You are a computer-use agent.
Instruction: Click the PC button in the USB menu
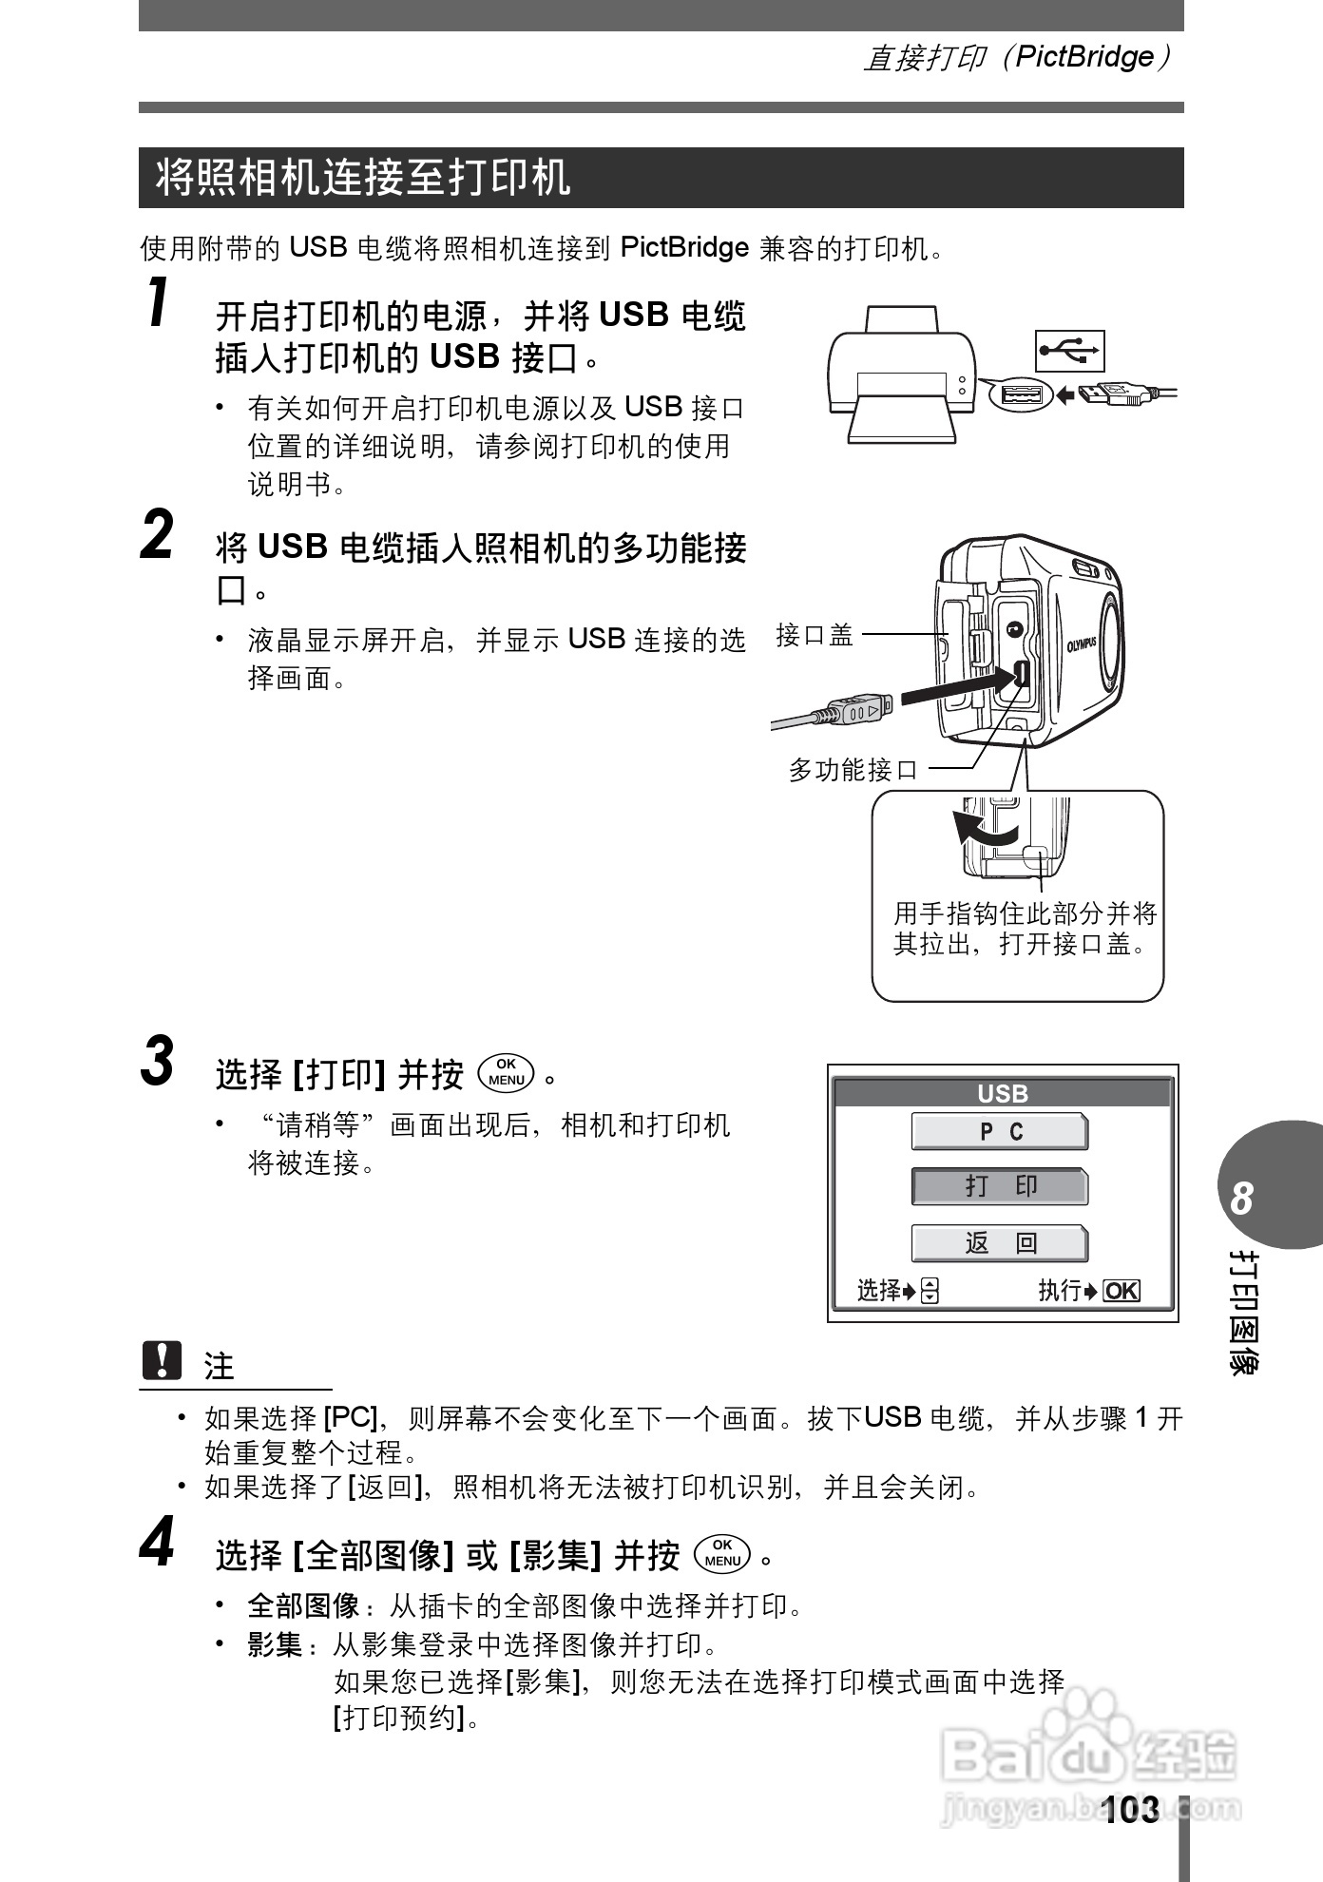tap(999, 1131)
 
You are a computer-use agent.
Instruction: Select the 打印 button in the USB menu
tap(999, 1186)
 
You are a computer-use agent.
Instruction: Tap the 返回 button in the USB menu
tap(999, 1242)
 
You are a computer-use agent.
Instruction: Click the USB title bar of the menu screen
tap(1003, 1094)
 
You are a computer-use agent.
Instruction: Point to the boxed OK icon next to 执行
tap(1122, 1291)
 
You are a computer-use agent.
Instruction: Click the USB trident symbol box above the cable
tap(1069, 352)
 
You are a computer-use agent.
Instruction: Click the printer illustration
tap(901, 375)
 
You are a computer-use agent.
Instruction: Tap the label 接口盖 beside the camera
tap(815, 635)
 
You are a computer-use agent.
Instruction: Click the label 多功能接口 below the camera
tap(853, 770)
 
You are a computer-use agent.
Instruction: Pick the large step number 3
tap(158, 1061)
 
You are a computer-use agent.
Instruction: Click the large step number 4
tap(158, 1542)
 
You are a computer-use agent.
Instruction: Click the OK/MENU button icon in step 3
tap(508, 1072)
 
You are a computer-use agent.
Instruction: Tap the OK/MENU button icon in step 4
tap(722, 1553)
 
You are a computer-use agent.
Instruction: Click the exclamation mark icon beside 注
tap(161, 1361)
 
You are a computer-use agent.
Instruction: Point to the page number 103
tap(1131, 1810)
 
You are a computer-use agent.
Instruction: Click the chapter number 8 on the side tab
tap(1241, 1200)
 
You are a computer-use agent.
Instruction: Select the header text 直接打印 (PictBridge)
tap(1016, 58)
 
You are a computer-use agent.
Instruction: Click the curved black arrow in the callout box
tap(984, 829)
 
